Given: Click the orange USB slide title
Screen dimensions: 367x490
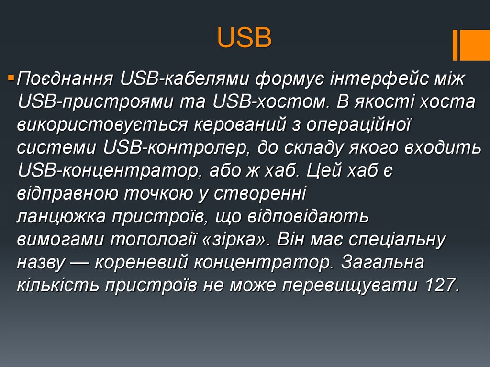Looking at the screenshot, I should click(245, 38).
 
